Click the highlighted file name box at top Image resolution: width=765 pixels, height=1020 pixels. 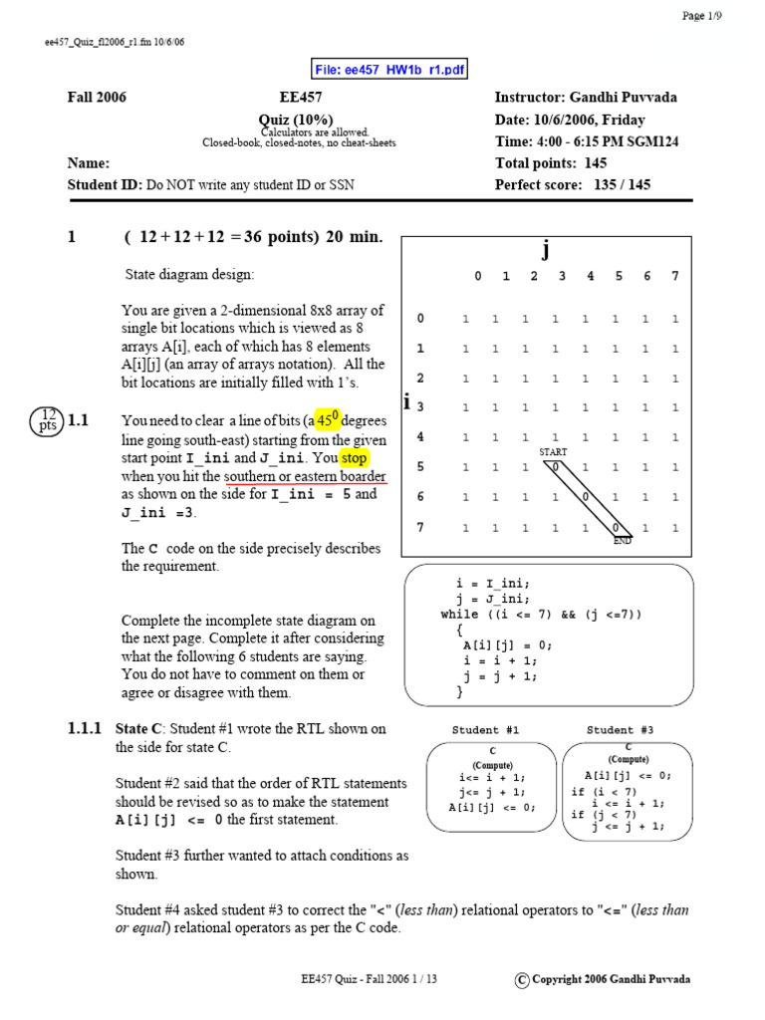tap(389, 69)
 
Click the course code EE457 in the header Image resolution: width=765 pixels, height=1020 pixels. tap(301, 98)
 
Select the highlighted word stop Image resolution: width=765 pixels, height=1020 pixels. tap(353, 459)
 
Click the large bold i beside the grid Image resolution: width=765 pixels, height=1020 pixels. tap(407, 403)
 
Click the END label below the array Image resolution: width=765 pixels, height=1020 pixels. tap(623, 540)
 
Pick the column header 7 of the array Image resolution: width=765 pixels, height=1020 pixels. tap(675, 277)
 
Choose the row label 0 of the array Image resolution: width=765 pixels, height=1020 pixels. tap(420, 319)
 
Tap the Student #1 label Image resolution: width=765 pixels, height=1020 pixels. tap(485, 730)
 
